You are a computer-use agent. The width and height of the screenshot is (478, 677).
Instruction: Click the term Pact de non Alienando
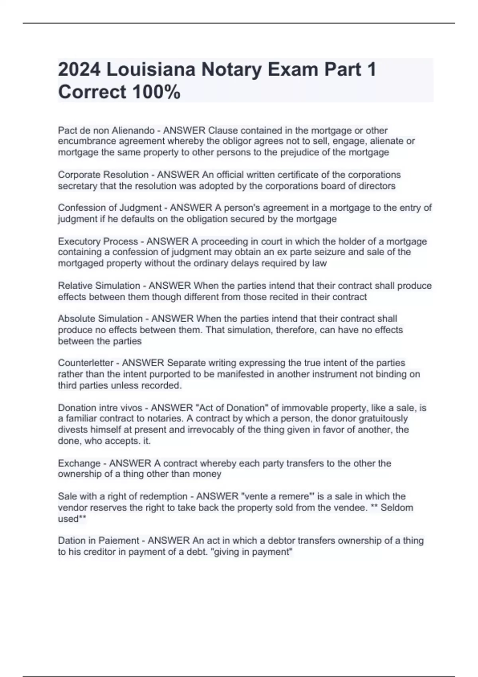pyautogui.click(x=106, y=131)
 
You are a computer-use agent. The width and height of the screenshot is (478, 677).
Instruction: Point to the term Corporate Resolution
pyautogui.click(x=103, y=175)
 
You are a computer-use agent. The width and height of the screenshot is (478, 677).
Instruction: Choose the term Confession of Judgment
pyautogui.click(x=110, y=208)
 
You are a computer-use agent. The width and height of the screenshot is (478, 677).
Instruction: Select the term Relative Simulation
pyautogui.click(x=99, y=286)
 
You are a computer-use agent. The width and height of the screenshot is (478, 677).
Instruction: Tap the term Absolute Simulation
pyautogui.click(x=100, y=319)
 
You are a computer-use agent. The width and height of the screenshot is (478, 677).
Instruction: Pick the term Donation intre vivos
pyautogui.click(x=100, y=408)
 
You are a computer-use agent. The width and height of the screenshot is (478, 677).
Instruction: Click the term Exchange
pyautogui.click(x=79, y=464)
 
